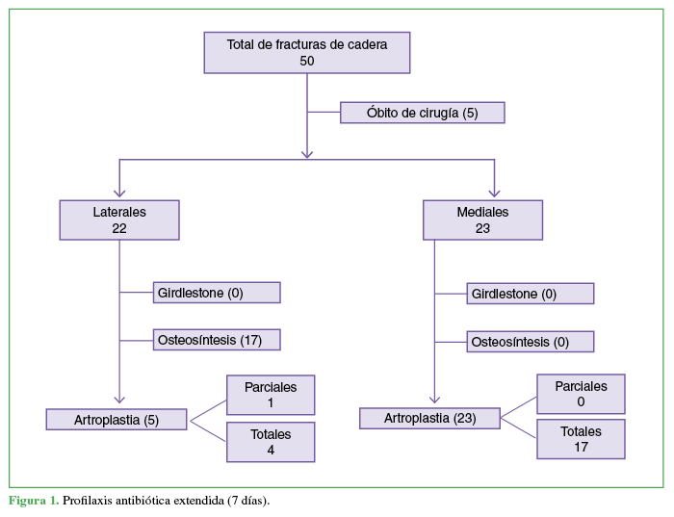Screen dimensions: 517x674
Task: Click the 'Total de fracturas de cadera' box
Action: click(x=307, y=52)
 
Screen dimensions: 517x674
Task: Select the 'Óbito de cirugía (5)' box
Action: click(x=422, y=113)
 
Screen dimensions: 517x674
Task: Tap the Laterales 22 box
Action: click(x=119, y=220)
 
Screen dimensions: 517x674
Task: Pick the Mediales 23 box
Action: click(x=482, y=220)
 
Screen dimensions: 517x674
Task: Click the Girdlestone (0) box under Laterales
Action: click(x=216, y=293)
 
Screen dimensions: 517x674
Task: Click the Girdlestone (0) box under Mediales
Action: click(x=530, y=294)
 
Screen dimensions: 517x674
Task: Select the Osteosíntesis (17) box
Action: click(x=216, y=340)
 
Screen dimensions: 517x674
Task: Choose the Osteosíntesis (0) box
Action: click(x=530, y=342)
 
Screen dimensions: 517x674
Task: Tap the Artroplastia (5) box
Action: click(x=117, y=419)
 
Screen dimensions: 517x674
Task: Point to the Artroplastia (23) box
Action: click(x=429, y=418)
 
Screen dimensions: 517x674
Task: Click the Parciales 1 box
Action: click(x=271, y=395)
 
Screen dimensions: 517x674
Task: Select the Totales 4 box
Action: click(x=271, y=442)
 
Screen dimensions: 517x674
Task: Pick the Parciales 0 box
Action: click(x=581, y=394)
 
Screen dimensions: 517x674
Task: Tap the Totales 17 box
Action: click(x=581, y=439)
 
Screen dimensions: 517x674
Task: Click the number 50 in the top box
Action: click(x=307, y=61)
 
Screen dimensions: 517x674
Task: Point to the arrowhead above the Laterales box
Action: click(x=119, y=193)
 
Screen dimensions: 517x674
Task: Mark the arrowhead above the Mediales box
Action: click(x=495, y=193)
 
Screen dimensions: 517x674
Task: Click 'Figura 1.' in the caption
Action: click(x=34, y=501)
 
